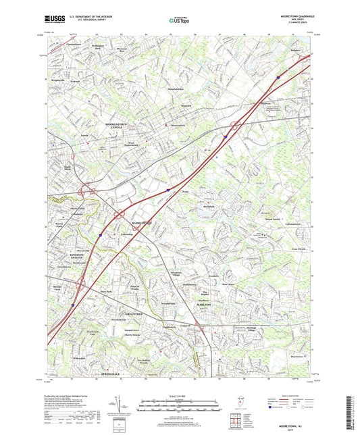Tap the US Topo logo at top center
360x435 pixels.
179,21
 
